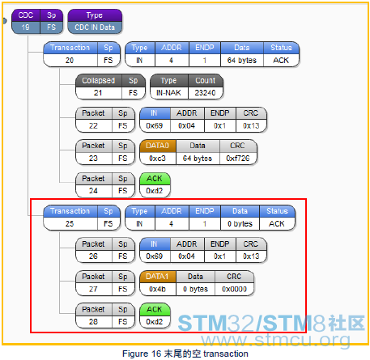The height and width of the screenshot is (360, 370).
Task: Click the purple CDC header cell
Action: [26, 15]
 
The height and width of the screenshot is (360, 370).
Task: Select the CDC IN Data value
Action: [95, 28]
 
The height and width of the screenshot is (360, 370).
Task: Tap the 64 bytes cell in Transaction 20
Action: [242, 61]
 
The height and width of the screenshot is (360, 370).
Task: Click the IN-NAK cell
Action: [168, 93]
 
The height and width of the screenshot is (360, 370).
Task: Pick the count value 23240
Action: [206, 93]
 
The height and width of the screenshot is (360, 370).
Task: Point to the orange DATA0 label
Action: [158, 146]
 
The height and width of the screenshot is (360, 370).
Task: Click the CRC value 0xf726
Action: [238, 159]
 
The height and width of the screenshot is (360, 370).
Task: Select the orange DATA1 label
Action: [158, 277]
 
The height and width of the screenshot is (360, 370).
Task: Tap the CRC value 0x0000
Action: [234, 290]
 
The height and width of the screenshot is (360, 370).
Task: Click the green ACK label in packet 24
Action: [155, 179]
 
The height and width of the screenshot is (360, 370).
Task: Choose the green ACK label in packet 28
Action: [155, 310]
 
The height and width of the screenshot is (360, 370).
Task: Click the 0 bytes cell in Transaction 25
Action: [240, 224]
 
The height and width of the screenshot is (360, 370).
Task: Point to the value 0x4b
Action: [158, 290]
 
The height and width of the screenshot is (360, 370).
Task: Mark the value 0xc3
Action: [158, 159]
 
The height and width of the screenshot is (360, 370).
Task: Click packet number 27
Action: [93, 290]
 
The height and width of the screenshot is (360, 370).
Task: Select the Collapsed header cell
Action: [99, 81]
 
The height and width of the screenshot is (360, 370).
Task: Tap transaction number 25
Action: [70, 224]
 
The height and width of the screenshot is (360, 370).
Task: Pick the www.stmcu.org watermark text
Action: [276, 340]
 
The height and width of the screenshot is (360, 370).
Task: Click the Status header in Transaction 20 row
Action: [281, 48]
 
